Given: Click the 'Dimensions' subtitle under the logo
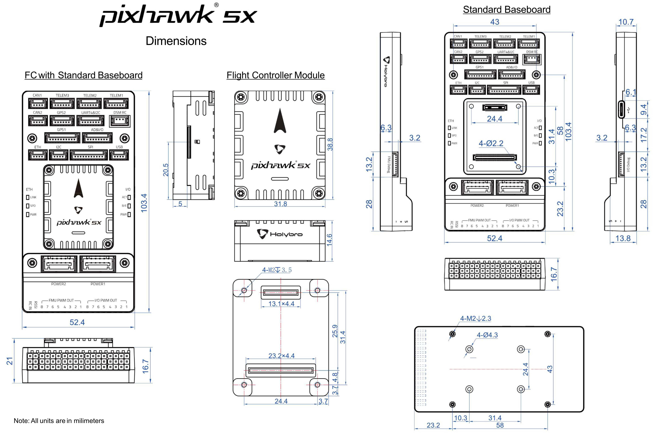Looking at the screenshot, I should click(x=176, y=41).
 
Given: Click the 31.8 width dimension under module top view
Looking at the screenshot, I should click(x=280, y=204).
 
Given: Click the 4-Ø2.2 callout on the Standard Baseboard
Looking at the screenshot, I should click(x=491, y=143).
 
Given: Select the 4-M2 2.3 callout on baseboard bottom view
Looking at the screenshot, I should click(x=475, y=318).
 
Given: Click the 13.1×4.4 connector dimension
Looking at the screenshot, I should click(x=281, y=304).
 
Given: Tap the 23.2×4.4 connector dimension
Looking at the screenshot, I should click(x=281, y=356).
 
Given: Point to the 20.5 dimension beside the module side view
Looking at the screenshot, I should click(x=166, y=170).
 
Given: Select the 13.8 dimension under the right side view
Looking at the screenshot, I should click(x=623, y=238).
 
